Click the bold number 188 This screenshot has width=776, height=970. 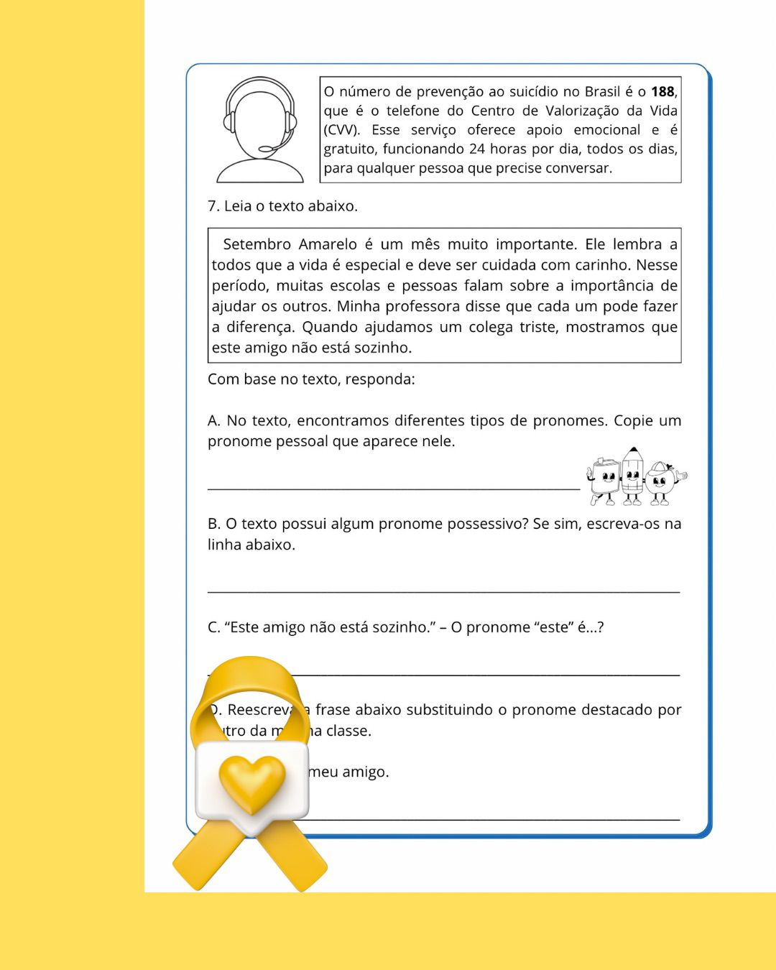[x=662, y=92]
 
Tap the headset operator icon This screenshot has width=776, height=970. [x=260, y=130]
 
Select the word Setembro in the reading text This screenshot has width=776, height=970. [x=257, y=244]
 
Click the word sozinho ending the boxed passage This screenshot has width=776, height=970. [x=384, y=348]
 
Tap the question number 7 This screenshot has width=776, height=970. [x=213, y=206]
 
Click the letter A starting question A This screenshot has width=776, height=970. [x=213, y=421]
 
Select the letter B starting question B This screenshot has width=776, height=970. [x=213, y=525]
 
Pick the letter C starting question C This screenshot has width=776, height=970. [x=213, y=628]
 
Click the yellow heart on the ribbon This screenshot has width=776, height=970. [x=251, y=783]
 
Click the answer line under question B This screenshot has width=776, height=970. [x=443, y=591]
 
